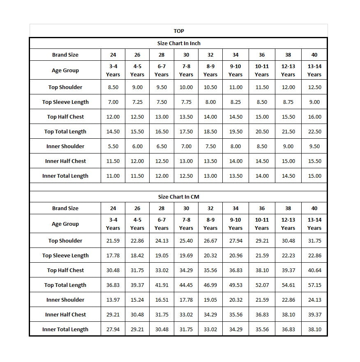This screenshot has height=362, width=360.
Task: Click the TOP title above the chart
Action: [x=179, y=31]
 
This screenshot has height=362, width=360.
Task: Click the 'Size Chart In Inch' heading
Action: [x=179, y=43]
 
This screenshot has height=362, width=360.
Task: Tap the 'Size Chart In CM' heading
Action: [x=179, y=197]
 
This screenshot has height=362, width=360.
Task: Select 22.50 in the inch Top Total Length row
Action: [x=314, y=132]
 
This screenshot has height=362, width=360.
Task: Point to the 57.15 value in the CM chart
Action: [x=314, y=285]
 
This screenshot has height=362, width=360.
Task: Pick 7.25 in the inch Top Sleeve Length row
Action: [x=137, y=102]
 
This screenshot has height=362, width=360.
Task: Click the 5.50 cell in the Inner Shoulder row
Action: [x=113, y=147]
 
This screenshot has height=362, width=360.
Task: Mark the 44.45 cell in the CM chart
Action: [x=186, y=285]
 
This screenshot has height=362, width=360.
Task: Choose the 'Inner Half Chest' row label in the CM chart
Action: [x=65, y=315]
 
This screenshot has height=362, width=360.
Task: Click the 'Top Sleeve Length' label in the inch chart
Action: [x=65, y=102]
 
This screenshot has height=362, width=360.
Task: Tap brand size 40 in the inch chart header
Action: [x=314, y=55]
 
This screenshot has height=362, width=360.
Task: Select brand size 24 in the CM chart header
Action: [x=113, y=208]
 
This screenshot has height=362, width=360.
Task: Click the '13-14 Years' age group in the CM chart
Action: [x=314, y=224]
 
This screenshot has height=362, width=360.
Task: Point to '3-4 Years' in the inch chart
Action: [x=113, y=70]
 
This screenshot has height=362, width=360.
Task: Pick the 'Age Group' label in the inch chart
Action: [x=65, y=70]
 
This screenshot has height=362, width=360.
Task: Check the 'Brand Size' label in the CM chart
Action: [x=65, y=208]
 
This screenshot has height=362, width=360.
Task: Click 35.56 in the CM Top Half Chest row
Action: [x=210, y=270]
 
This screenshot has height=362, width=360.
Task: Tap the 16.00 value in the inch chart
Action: [x=314, y=117]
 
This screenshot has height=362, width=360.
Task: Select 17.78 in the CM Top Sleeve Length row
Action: [x=113, y=256]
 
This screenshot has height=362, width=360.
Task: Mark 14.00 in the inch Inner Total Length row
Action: [x=262, y=176]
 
